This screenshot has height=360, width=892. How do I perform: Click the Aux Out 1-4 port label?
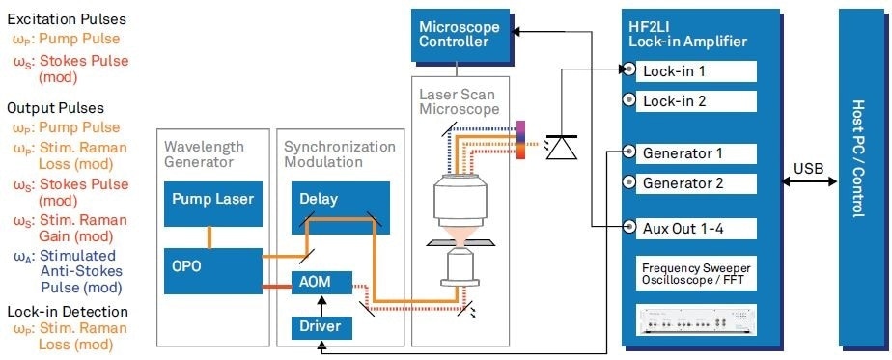tap(686, 228)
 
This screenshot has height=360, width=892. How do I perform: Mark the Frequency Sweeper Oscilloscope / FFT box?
tap(694, 273)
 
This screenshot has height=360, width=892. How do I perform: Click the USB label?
tap(807, 169)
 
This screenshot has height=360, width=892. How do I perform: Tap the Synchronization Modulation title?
tap(339, 154)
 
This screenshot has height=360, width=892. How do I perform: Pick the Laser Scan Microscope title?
tap(460, 102)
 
